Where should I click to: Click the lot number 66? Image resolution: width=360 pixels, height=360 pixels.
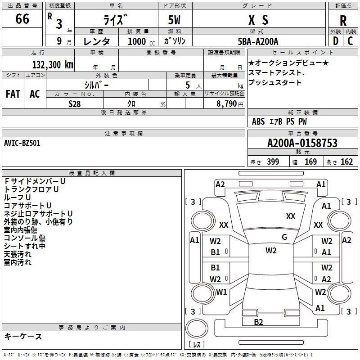(x=22, y=20)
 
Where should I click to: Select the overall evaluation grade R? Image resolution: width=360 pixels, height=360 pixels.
(x=343, y=21)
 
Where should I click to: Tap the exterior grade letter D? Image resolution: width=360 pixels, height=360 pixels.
(x=335, y=41)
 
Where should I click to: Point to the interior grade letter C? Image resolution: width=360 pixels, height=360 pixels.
(x=350, y=41)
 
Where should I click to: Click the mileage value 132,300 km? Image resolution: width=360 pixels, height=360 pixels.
(x=53, y=64)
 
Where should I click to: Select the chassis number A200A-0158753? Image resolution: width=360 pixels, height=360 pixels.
(x=302, y=144)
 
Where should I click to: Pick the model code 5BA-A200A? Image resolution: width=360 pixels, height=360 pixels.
(x=258, y=41)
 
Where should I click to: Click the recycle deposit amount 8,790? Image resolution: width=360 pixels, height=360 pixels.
(x=224, y=103)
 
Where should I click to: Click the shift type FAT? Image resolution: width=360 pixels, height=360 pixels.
(x=13, y=94)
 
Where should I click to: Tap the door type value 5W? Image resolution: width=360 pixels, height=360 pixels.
(x=175, y=20)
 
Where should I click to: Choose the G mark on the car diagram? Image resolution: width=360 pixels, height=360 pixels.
(x=284, y=237)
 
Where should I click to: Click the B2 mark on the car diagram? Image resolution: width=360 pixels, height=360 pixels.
(x=258, y=322)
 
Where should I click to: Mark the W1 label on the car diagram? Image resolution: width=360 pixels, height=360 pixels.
(x=221, y=292)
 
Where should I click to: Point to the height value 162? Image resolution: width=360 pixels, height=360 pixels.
(x=346, y=162)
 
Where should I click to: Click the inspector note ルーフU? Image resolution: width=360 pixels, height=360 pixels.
(x=18, y=197)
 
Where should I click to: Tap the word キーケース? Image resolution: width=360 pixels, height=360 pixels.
(x=23, y=336)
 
